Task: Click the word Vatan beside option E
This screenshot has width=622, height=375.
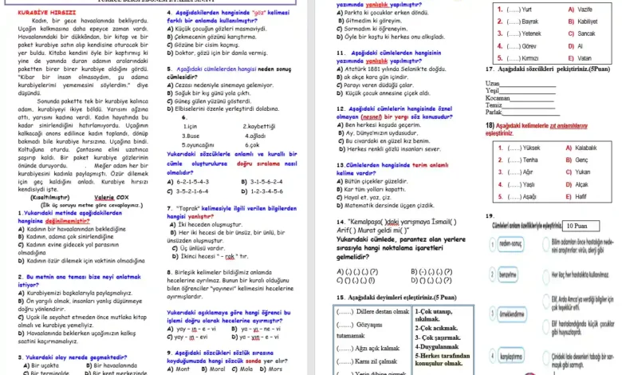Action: pos(585,59)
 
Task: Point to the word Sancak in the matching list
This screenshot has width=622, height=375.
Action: pos(586,34)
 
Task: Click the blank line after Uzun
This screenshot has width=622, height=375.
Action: pos(528,83)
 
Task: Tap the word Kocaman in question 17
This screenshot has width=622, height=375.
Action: pos(499,97)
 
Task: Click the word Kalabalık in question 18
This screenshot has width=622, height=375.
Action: pos(586,148)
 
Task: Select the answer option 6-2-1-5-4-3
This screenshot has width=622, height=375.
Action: pos(191,182)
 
